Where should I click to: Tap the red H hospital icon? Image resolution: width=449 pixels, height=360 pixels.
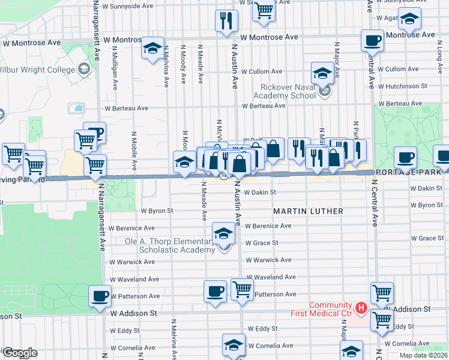(361, 308)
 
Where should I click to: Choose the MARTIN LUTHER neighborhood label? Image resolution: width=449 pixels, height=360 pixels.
(308, 211)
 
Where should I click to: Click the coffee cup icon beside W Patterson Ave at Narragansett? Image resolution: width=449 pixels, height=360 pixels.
(100, 295)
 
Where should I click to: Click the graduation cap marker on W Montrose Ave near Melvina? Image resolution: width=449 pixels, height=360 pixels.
(153, 48)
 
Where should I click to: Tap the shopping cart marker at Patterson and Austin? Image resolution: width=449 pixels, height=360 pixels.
(242, 289)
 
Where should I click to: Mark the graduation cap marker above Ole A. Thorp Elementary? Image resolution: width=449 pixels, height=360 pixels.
(223, 233)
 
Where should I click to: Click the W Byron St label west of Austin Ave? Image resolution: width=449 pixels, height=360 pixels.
(157, 211)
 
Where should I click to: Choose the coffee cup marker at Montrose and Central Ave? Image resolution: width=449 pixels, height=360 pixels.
(372, 41)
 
